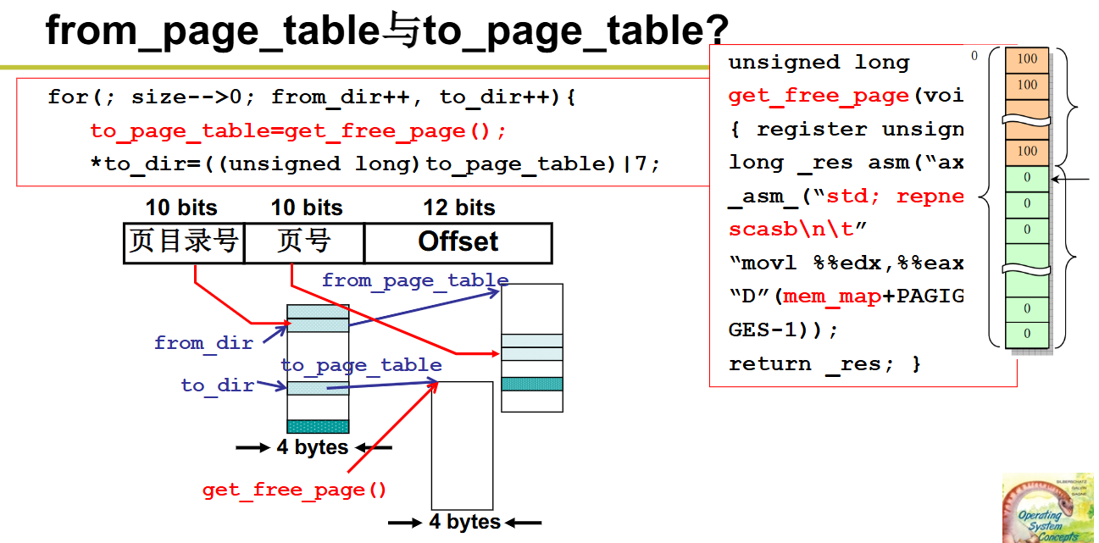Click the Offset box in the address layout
coord(458,242)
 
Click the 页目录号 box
coord(184,242)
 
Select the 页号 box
coord(304,242)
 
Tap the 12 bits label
coord(458,208)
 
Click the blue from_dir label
coord(203,343)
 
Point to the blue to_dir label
coord(218,385)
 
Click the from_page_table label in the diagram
coord(415,280)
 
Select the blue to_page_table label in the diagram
coord(361,365)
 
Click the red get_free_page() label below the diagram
coord(294,490)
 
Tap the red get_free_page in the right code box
coord(819,96)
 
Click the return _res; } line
coord(824,364)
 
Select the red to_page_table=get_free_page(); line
coord(297,130)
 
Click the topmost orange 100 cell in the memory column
coord(1027,59)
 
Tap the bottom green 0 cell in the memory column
coord(1027,334)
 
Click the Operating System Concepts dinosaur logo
coord(1047,509)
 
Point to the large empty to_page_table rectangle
coord(462,445)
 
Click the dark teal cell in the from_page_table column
coord(531,384)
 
